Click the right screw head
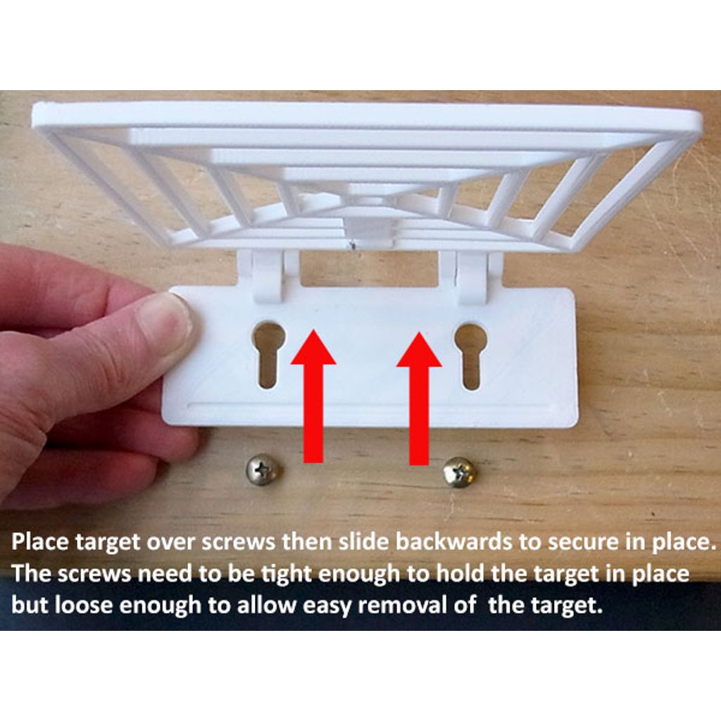[460, 472]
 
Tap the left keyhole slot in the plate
[268, 355]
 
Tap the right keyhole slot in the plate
[470, 356]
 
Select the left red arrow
[313, 396]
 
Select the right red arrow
[419, 399]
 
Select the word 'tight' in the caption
[286, 575]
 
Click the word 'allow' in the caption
[265, 605]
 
